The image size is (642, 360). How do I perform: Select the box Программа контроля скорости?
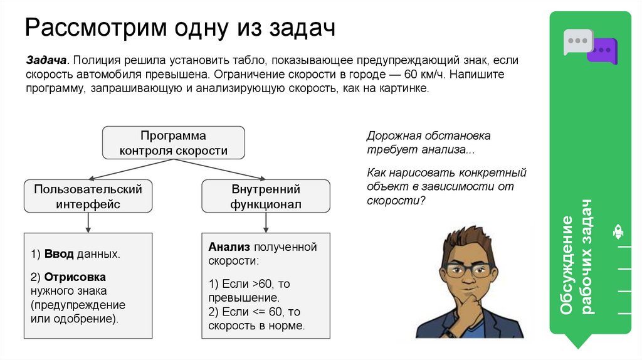click(x=173, y=143)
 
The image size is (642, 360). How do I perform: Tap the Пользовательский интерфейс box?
click(x=88, y=196)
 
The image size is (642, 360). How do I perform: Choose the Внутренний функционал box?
click(x=266, y=196)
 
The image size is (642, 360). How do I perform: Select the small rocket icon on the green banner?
click(x=618, y=232)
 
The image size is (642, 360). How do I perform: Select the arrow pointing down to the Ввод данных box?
click(x=88, y=221)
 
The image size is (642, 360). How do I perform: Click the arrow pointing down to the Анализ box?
click(x=266, y=221)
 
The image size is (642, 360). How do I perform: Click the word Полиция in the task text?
click(x=96, y=61)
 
